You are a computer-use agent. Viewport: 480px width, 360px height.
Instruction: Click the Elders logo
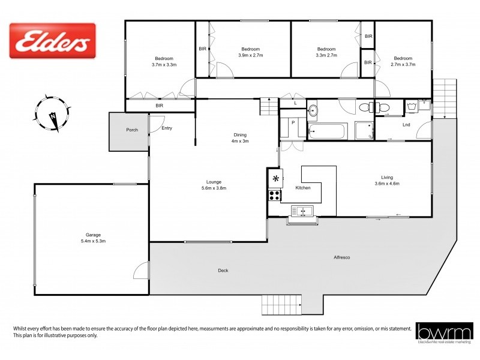pos(53,40)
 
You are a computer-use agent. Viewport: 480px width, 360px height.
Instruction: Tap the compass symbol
pos(53,112)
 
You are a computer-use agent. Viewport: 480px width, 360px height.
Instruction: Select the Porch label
pos(132,130)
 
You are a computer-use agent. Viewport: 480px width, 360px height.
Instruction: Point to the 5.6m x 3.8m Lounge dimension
pos(213,188)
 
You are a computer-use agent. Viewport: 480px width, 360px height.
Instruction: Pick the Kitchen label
pos(304,188)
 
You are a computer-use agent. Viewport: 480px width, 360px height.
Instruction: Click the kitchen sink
pos(302,210)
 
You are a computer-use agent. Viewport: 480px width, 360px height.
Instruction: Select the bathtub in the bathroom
pos(328,130)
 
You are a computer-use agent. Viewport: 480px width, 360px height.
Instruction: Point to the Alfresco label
pos(342,258)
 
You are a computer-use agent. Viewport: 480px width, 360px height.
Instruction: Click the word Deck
pos(223,271)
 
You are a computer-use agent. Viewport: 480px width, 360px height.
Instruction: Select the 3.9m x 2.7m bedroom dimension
pos(250,55)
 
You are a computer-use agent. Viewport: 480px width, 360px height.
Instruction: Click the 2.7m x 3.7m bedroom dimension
pos(403,64)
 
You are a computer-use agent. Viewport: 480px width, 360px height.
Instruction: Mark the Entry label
pos(167,128)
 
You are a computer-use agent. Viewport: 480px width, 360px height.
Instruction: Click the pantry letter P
pos(293,122)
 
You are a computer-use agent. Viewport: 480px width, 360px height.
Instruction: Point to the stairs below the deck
pos(280,305)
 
